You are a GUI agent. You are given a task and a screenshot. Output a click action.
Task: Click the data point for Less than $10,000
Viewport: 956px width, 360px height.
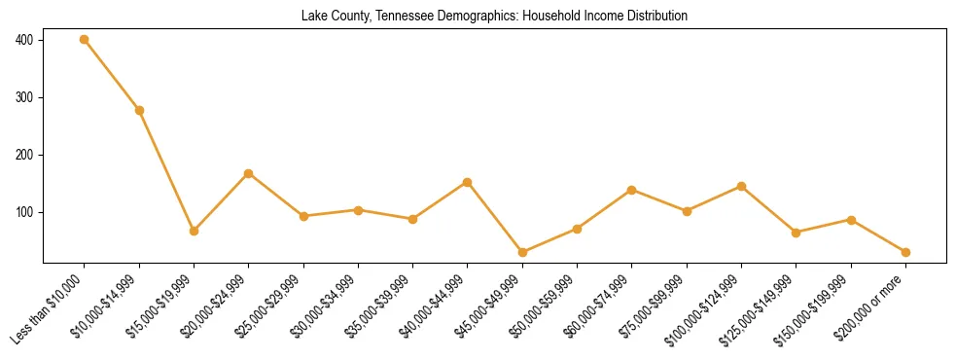click(85, 40)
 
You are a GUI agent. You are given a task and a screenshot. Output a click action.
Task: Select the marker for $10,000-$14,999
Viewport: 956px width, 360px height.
click(139, 110)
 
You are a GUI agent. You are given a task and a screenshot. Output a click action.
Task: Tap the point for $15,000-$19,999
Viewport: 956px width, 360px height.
click(194, 231)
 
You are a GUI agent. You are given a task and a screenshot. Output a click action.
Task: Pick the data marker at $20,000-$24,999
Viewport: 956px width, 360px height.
click(249, 173)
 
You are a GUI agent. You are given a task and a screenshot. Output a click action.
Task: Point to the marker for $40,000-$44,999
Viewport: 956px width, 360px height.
click(468, 182)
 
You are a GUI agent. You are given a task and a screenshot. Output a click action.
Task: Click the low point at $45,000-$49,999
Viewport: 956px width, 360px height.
click(522, 252)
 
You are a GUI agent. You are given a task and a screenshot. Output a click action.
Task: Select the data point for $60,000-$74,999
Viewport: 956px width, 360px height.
click(632, 190)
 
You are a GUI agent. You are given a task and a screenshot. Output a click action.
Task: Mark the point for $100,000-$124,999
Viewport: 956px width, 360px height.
click(742, 186)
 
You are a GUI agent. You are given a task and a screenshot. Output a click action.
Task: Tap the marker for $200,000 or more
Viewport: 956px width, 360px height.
click(905, 252)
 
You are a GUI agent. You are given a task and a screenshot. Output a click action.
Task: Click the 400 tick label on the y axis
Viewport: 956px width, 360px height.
click(24, 40)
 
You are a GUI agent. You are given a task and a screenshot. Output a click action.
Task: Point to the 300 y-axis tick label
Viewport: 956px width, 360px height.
click(24, 97)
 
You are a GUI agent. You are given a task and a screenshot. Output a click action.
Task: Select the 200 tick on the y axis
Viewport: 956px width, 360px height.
click(24, 155)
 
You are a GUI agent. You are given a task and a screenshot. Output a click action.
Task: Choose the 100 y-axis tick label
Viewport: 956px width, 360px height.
click(24, 212)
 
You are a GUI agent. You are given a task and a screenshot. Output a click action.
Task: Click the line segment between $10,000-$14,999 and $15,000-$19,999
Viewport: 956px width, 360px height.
click(166, 170)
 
